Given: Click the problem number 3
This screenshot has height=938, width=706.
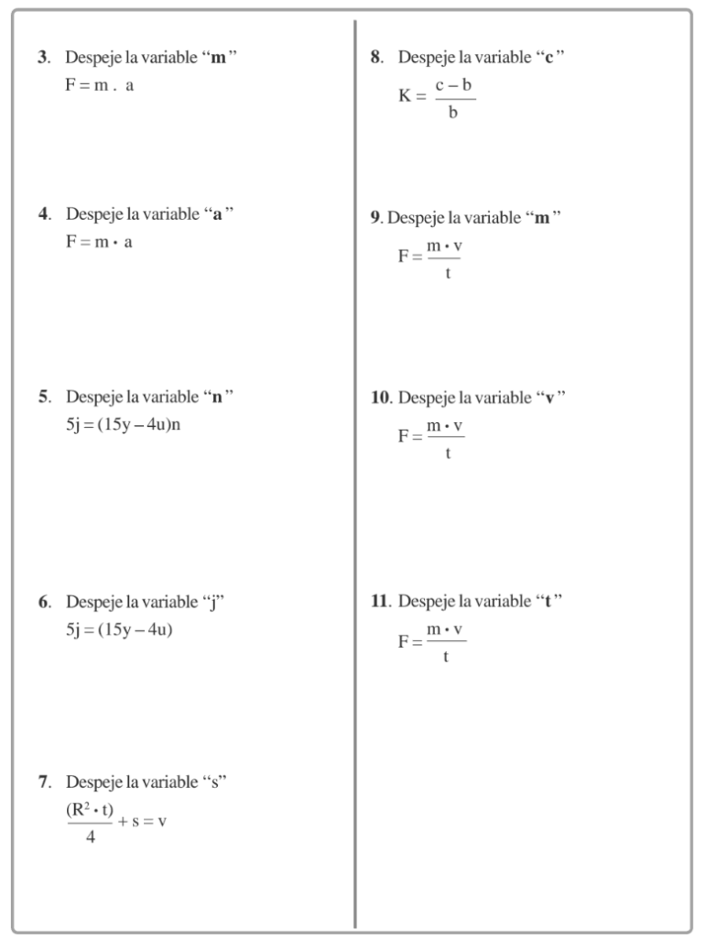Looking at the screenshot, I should (42, 58).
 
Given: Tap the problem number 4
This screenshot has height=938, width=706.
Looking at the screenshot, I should (42, 214).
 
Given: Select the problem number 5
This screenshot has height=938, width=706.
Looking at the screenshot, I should (42, 398).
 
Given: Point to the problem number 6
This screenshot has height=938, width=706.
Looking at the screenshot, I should (42, 602).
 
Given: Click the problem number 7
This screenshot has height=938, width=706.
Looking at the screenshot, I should (42, 782).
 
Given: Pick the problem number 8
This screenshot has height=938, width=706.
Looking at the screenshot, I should (375, 58).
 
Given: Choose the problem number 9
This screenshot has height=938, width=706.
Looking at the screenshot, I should (375, 218).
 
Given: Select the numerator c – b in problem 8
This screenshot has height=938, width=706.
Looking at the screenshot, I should (453, 85).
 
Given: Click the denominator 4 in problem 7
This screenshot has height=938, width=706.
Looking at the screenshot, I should (90, 837).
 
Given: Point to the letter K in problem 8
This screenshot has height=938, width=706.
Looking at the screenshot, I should (406, 95).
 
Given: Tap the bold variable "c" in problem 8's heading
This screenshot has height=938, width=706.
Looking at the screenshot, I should (549, 58).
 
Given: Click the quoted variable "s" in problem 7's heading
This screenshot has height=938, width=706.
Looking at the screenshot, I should (213, 783).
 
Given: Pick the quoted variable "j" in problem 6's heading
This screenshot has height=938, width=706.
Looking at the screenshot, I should (212, 603).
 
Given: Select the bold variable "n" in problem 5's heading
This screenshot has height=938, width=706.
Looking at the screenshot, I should (217, 398).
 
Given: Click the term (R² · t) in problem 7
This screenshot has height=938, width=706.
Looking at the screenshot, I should (90, 810).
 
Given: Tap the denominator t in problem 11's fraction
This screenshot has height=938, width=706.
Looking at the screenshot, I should (446, 657).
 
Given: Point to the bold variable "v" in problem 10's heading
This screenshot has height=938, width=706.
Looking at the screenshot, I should (549, 398).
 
